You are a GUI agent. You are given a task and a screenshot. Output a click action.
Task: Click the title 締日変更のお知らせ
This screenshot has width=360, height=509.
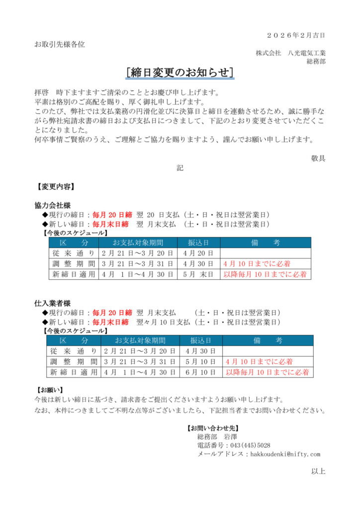click(x=180, y=73)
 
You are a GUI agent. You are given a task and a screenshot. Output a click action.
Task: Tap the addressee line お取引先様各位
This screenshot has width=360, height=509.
click(x=59, y=44)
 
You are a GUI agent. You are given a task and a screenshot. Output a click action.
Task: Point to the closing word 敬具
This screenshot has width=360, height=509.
click(x=318, y=158)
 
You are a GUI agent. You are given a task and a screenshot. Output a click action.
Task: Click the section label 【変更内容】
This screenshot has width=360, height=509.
click(x=56, y=187)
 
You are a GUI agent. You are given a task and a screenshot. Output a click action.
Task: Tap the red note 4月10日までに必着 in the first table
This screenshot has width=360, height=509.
click(x=257, y=263)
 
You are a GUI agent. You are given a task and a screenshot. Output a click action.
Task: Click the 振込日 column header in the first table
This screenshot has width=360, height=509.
click(x=197, y=243)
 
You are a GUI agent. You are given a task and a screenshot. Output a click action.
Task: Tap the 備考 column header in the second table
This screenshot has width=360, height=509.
click(x=268, y=340)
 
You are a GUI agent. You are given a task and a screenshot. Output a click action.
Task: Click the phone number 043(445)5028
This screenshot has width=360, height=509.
click(x=251, y=445)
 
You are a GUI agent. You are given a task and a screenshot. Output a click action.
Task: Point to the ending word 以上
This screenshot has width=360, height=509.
click(x=318, y=471)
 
